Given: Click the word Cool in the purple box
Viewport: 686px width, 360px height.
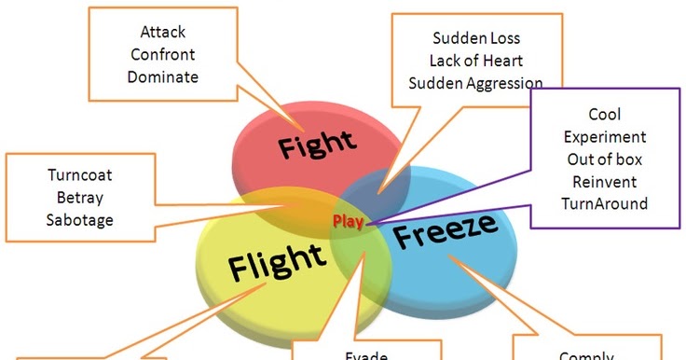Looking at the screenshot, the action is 604,115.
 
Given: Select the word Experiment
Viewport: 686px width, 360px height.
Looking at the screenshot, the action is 604,136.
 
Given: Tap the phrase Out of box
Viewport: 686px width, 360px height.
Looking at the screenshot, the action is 604,159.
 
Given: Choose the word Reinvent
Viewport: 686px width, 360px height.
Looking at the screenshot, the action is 604,180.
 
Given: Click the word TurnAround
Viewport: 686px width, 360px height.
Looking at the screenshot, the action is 604,202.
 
